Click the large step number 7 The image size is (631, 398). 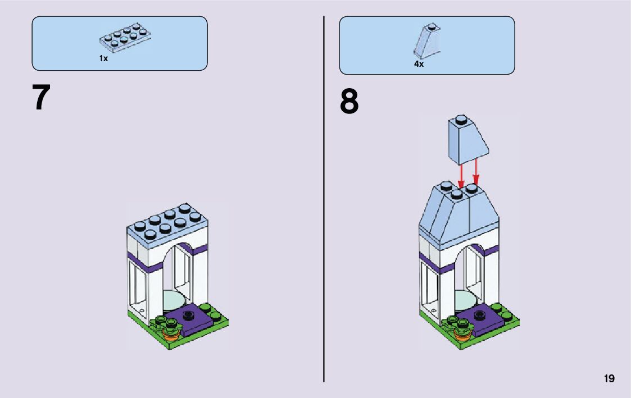point(42,98)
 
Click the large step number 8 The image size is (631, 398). point(349,102)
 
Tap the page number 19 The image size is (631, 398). point(609,379)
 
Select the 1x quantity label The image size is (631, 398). point(103,58)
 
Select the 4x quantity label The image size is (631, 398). point(419,64)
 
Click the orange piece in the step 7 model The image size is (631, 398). point(171,336)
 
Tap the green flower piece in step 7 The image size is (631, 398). point(169,324)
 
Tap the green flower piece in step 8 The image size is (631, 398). point(460,324)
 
